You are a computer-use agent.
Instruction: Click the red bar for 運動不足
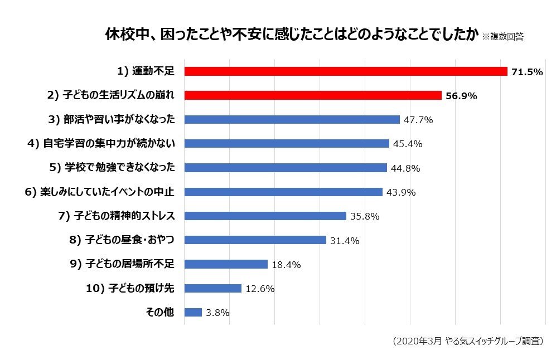point(346,71)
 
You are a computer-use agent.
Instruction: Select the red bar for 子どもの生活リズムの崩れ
point(313,95)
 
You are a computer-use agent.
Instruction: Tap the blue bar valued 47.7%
point(292,119)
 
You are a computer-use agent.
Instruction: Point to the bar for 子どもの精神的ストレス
point(265,216)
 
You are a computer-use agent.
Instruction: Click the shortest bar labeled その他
point(193,313)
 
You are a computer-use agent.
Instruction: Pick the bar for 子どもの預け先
point(212,288)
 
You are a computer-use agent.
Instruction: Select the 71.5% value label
point(527,72)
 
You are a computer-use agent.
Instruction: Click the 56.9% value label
point(461,96)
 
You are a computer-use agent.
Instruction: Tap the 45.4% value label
point(408,144)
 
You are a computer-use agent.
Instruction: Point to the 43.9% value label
point(401,192)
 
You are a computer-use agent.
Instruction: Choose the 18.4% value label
point(286,265)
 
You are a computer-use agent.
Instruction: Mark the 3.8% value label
point(217,313)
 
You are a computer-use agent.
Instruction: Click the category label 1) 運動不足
point(146,71)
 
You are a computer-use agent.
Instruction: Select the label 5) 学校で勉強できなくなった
point(112,168)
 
